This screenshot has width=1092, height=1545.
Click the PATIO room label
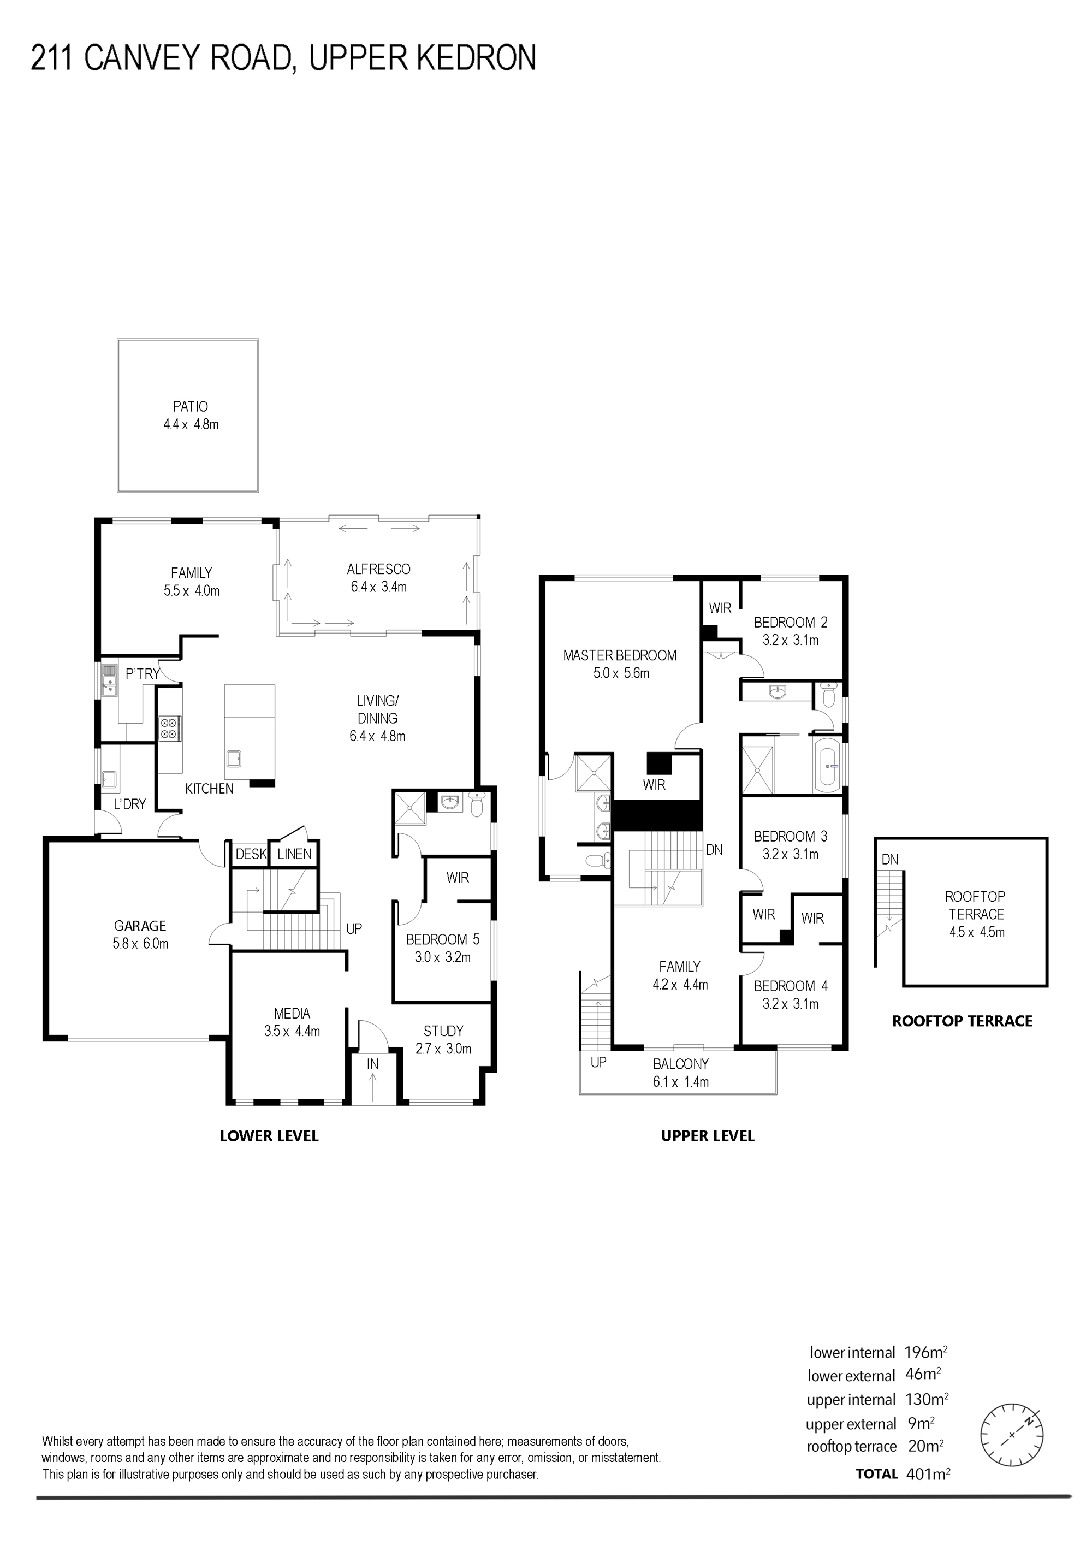(191, 406)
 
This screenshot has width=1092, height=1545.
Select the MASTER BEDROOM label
(620, 655)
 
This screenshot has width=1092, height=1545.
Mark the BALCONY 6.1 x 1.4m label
(681, 1073)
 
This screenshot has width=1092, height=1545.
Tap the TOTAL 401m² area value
(927, 1493)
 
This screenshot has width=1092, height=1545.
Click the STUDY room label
(443, 1031)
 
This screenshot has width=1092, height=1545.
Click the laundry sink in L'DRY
(110, 780)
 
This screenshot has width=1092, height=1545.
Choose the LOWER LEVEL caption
(269, 1136)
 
